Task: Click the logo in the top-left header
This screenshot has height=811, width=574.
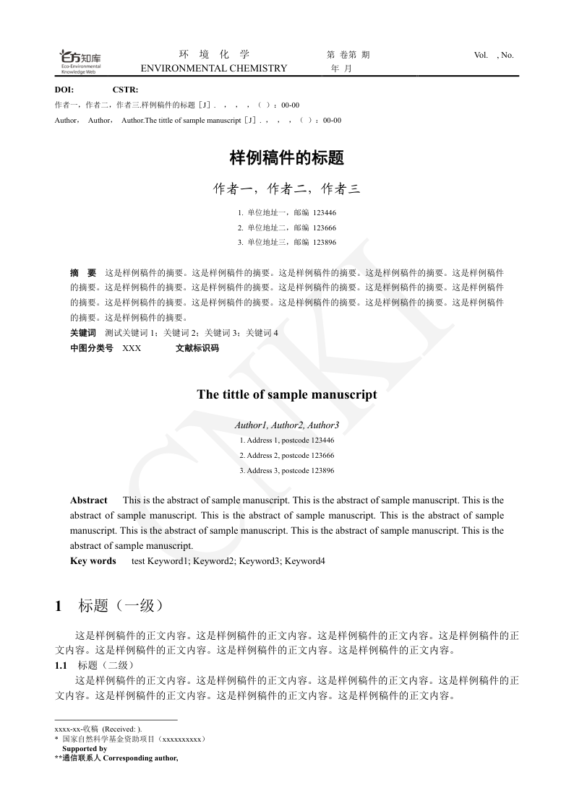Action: click(80, 61)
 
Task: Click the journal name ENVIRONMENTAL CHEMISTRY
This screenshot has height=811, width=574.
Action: click(213, 69)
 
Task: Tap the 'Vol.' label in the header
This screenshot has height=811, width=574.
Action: click(481, 55)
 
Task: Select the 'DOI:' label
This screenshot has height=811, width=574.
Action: click(64, 90)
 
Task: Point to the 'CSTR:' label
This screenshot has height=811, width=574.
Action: click(125, 90)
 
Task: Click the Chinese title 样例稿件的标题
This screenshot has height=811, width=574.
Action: click(286, 157)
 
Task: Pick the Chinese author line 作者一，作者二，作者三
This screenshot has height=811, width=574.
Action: click(286, 189)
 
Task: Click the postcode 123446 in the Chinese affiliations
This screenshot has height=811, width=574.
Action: click(324, 213)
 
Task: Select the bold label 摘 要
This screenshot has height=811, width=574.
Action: click(83, 274)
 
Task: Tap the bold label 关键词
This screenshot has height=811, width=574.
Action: click(82, 333)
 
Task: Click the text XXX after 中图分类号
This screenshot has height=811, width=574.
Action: click(132, 348)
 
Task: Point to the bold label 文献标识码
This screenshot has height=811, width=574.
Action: click(197, 348)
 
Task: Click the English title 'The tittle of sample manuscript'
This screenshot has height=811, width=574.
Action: click(286, 395)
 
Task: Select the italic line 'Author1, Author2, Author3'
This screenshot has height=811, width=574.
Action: click(286, 425)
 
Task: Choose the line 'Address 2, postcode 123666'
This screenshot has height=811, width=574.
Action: click(286, 456)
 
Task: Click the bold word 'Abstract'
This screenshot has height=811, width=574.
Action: click(88, 500)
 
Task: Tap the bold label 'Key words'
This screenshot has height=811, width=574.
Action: click(93, 561)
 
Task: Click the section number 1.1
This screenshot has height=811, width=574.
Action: click(61, 665)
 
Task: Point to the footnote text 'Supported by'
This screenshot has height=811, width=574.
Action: click(85, 749)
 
